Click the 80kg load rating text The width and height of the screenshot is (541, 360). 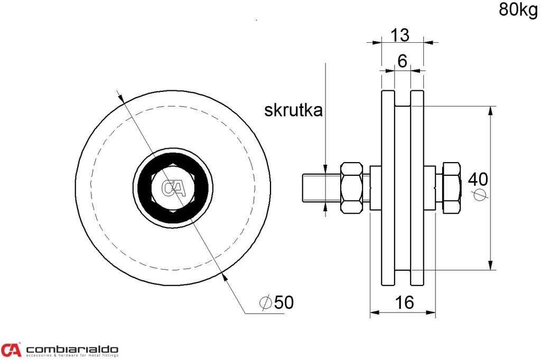point(517,10)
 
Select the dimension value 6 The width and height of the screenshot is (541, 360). point(402,62)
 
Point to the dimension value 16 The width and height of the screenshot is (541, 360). point(404,302)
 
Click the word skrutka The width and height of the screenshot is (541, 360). point(293,110)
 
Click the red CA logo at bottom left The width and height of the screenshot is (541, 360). point(11,349)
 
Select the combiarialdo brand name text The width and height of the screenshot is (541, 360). point(72,349)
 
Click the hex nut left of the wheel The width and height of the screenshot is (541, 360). point(352,188)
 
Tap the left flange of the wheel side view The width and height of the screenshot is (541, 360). point(388,188)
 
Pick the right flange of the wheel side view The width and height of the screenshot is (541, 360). point(417,188)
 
